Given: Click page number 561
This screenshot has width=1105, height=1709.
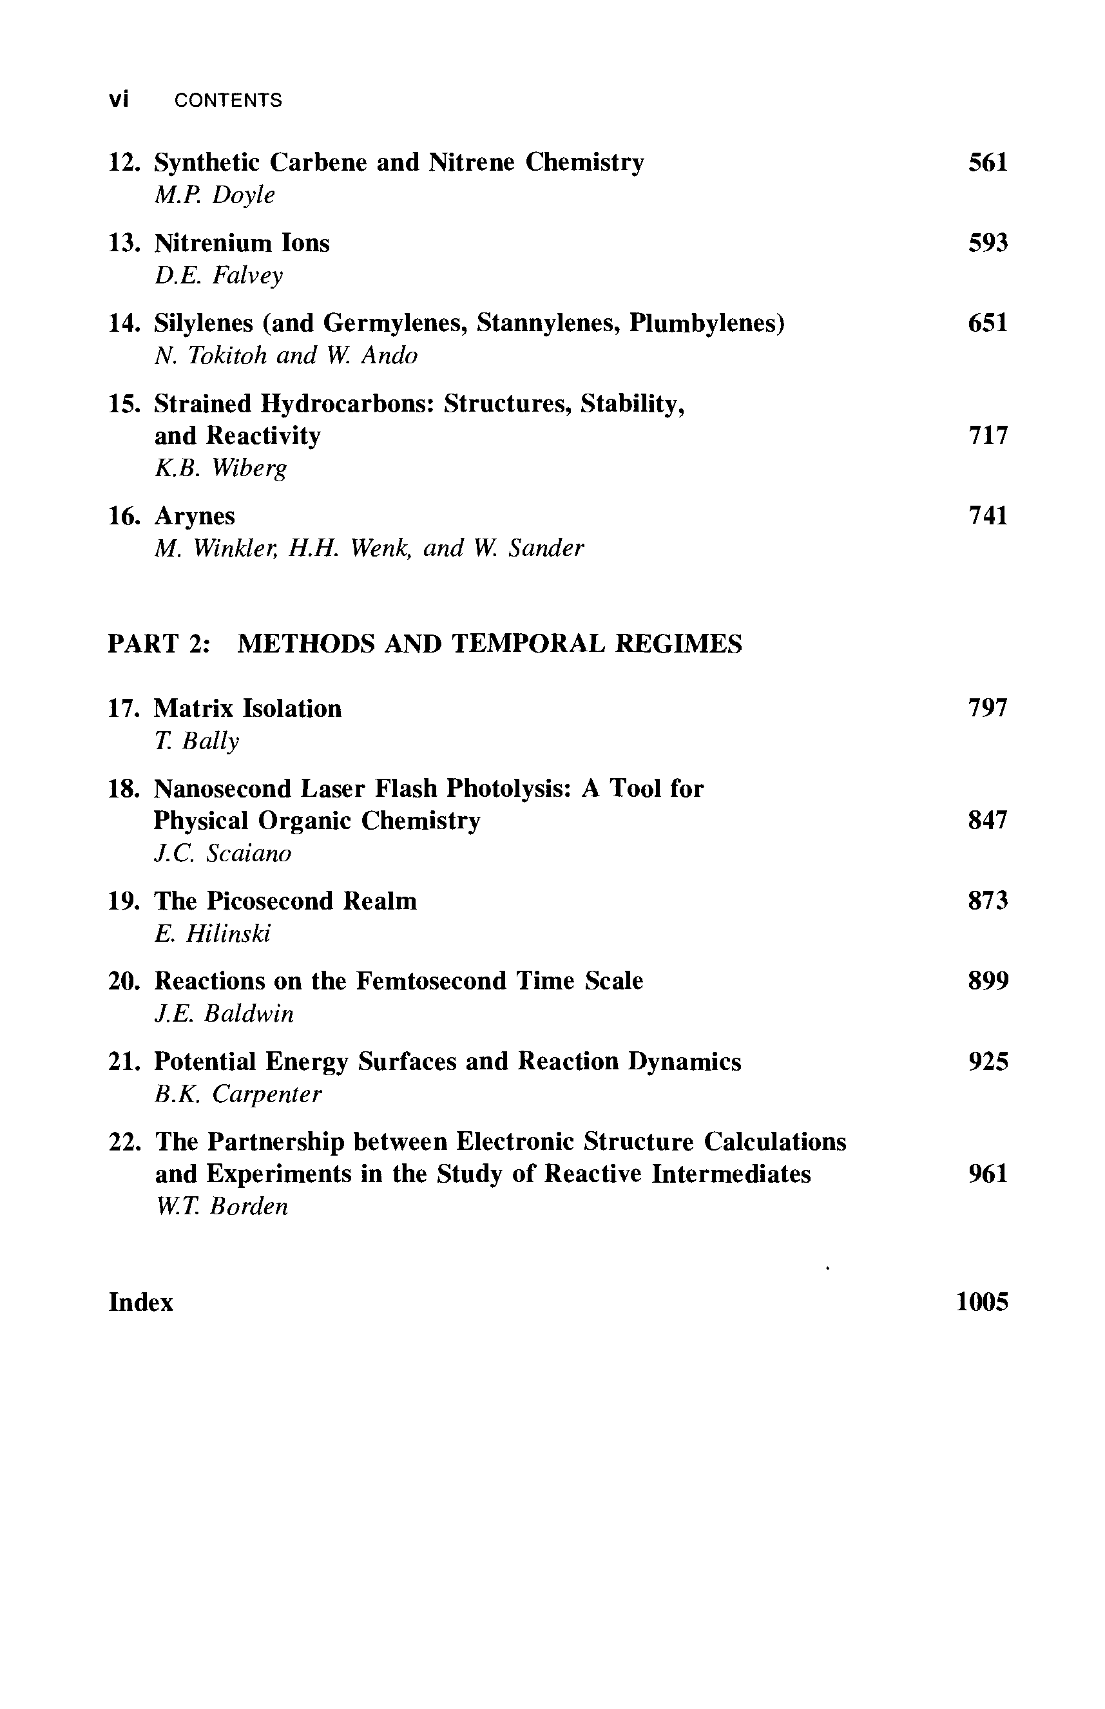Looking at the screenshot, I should coord(987,163).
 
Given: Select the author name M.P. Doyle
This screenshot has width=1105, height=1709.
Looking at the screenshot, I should coord(215,195).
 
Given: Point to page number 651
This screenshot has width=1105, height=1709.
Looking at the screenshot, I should coord(987,323).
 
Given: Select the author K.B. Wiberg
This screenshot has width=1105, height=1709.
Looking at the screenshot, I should coord(220,468).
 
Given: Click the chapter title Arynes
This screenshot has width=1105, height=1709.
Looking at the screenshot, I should coord(195,517).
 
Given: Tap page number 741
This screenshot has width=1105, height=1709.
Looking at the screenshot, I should coord(987,515).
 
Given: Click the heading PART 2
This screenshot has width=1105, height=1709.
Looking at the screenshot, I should coord(159,644).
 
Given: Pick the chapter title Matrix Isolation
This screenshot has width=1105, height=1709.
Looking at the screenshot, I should coord(247,709).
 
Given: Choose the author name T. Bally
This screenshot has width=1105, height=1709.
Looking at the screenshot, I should coord(197,741).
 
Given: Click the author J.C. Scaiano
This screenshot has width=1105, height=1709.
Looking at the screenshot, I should coord(222,854).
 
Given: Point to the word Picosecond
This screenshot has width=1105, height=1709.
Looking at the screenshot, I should coord(270,901).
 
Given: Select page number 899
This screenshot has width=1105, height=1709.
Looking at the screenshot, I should coord(987,980).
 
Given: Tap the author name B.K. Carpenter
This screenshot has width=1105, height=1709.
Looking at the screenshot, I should coord(238,1094).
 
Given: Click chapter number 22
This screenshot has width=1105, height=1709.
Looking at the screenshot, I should coord(124,1141).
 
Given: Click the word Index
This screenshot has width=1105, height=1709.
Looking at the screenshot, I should coord(140,1303).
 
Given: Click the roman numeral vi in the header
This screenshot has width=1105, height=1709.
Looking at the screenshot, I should coord(119,100).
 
